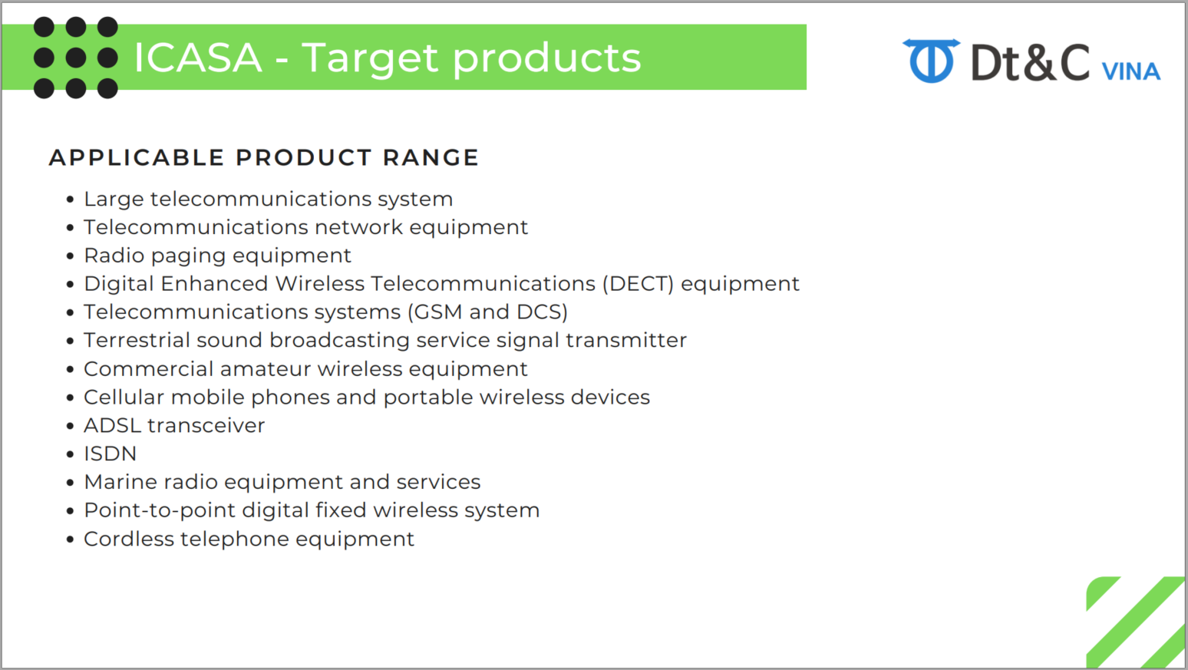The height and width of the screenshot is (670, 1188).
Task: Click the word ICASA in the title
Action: click(198, 58)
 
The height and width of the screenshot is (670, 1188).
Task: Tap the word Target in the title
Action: click(371, 59)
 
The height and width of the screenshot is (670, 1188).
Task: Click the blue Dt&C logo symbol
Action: click(932, 61)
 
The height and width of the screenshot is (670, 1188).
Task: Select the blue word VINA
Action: click(1131, 71)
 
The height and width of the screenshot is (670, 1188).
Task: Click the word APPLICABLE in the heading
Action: click(137, 157)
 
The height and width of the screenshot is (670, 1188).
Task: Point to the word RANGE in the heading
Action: click(431, 157)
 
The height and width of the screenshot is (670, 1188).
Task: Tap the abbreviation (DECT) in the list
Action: click(638, 284)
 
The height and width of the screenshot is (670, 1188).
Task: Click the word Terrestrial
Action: click(137, 340)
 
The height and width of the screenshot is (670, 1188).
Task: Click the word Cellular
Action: click(124, 397)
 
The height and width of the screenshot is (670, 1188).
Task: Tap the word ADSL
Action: click(113, 425)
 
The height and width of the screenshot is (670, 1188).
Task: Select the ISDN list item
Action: click(111, 454)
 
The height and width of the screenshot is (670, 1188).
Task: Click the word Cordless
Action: click(129, 539)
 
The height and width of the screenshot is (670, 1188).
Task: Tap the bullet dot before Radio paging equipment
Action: click(70, 256)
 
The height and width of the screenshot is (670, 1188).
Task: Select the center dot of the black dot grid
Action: click(76, 58)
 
